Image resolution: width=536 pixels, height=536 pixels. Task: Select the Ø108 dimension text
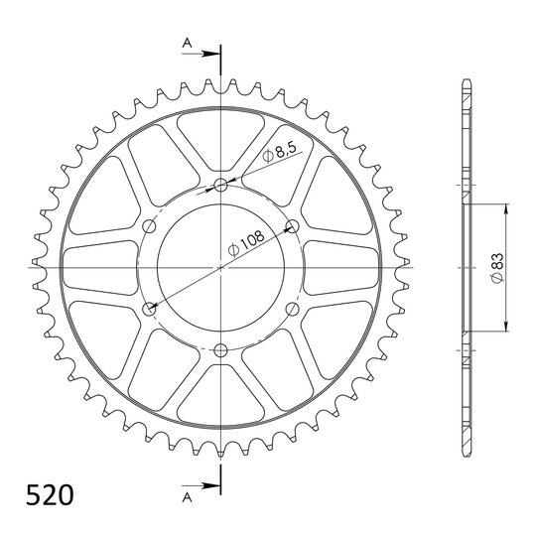tap(246, 243)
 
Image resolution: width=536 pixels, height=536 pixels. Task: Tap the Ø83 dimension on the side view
tap(497, 268)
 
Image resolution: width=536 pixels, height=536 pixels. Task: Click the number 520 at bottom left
tap(50, 495)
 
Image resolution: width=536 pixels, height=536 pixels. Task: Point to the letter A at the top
tap(187, 43)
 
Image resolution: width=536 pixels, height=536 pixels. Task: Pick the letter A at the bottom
tap(187, 497)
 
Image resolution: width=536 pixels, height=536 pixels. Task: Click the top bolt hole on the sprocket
tap(220, 185)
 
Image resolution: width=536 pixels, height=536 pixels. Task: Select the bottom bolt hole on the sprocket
tap(220, 349)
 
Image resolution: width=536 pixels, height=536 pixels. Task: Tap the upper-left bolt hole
tap(149, 226)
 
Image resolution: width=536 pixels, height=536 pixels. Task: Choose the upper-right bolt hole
tap(292, 226)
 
